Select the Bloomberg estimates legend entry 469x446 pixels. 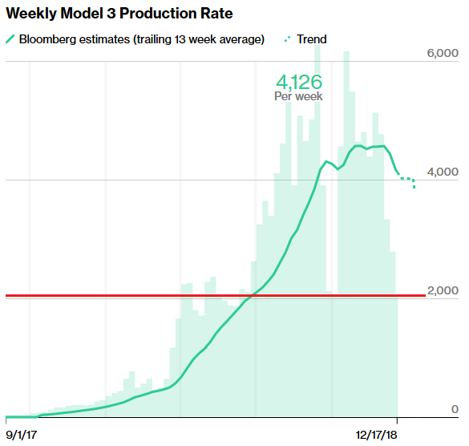pyautogui.click(x=135, y=39)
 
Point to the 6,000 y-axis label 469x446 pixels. pyautogui.click(x=442, y=53)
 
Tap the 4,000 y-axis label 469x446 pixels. pyautogui.click(x=442, y=172)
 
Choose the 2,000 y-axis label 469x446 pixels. pyautogui.click(x=442, y=290)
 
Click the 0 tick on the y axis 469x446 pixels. pyautogui.click(x=454, y=410)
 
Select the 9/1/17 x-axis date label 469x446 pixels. pyautogui.click(x=23, y=434)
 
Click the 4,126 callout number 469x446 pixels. pyautogui.click(x=298, y=82)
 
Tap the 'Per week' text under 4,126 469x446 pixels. pyautogui.click(x=298, y=96)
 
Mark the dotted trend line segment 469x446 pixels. pyautogui.click(x=407, y=180)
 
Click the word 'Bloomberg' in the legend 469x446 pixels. pyautogui.click(x=50, y=39)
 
